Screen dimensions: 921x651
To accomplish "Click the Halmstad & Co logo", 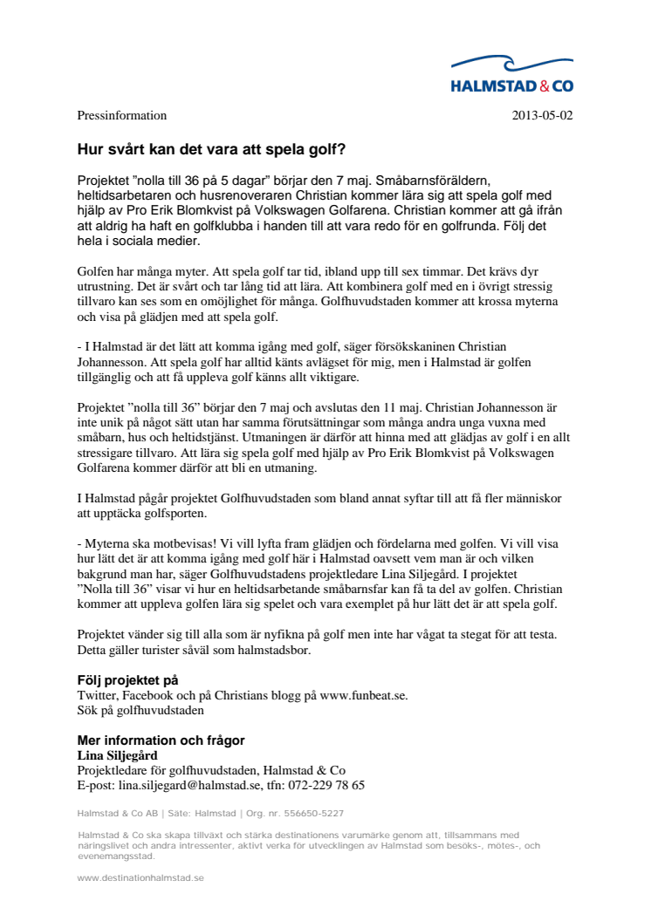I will point(511,73).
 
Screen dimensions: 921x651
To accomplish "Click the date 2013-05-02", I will point(542,115).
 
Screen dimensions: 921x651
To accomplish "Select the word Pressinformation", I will point(122,115).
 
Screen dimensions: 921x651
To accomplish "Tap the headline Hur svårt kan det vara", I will point(217,149).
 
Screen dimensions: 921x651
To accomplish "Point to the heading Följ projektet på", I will point(127,679).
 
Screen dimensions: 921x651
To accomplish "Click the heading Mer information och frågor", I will point(161,740).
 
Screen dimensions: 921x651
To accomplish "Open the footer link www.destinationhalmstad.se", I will point(140,877).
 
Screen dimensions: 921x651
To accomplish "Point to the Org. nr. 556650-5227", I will point(305,814).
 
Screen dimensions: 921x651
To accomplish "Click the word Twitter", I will point(97,695).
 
